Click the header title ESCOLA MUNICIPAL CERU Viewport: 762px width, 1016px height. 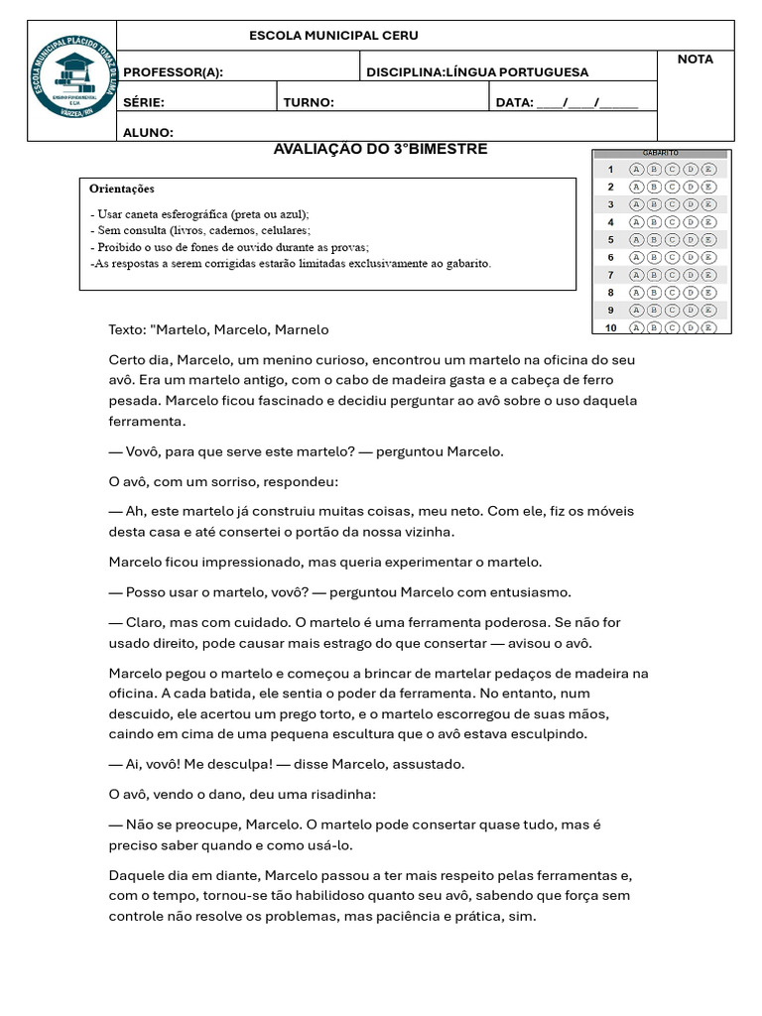point(333,36)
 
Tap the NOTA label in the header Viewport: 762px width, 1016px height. point(695,60)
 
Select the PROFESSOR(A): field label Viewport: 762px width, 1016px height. point(173,72)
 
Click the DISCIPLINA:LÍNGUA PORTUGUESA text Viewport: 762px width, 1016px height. point(477,72)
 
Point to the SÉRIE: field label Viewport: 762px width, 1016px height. point(144,102)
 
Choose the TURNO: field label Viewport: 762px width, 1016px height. point(309,102)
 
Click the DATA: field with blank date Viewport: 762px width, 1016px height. point(567,102)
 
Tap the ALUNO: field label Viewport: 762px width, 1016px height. point(148,132)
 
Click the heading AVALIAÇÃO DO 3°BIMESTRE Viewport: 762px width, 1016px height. point(380,150)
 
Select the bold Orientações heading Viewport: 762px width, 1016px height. point(122,189)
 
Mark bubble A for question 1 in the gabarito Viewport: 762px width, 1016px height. point(636,170)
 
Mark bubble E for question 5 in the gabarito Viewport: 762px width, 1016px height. point(708,240)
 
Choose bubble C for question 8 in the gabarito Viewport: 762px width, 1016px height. point(672,293)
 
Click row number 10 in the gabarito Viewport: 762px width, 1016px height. point(610,327)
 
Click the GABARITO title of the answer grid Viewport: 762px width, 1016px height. point(661,153)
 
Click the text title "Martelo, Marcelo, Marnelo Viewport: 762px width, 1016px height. point(218,329)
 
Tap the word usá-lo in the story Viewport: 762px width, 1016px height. point(326,845)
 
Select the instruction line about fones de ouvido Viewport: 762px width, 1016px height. point(229,247)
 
